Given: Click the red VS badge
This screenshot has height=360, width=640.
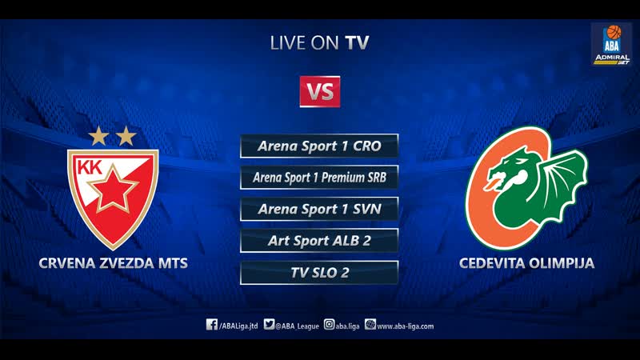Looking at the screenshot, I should pos(320,91).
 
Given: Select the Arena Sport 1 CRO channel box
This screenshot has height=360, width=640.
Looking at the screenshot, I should pos(319,146).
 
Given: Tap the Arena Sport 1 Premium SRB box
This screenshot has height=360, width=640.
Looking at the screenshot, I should pos(319,178).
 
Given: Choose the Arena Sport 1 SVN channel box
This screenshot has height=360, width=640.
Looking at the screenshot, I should pos(319,209).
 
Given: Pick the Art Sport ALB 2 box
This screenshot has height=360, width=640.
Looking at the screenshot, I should pos(319,240).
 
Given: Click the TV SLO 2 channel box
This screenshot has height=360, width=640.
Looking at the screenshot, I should pos(319,272).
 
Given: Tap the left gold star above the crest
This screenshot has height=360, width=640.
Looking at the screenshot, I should pos(98,136).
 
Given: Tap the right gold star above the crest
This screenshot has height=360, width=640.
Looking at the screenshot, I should pos(126,136).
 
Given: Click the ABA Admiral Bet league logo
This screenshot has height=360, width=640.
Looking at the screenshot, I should pos(611,45).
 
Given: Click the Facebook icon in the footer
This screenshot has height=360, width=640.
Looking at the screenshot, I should pos(212,325).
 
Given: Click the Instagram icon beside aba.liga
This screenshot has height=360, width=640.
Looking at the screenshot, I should pos(329,325).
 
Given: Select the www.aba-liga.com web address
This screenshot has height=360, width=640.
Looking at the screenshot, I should pos(405,326).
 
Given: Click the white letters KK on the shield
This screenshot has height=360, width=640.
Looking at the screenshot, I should pos(90,169).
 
